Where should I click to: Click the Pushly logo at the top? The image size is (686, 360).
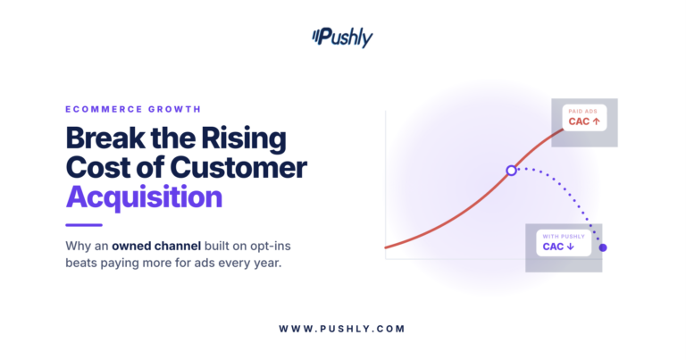(342, 38)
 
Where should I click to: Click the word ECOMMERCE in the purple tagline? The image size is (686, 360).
(105, 109)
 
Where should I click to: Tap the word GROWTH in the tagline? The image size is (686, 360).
(174, 109)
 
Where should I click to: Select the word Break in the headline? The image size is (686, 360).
(105, 138)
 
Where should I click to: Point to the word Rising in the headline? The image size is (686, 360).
(244, 139)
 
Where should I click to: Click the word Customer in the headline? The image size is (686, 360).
(238, 168)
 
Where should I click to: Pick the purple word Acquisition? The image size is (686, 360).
(144, 197)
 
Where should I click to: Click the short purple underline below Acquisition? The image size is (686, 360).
(84, 225)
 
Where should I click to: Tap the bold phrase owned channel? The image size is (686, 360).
(156, 246)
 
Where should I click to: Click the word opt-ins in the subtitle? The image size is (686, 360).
(271, 247)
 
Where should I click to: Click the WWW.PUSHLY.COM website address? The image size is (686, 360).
(342, 329)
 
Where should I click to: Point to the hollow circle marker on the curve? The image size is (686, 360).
(511, 171)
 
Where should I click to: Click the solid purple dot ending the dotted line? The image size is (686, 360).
(603, 247)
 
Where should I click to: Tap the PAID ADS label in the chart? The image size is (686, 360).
(582, 111)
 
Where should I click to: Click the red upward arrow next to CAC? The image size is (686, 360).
(596, 121)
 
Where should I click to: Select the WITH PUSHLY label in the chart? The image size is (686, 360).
(564, 236)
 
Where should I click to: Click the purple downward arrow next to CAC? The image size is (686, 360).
(570, 247)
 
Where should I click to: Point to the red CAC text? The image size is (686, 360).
(579, 121)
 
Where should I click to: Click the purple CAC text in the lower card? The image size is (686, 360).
(553, 247)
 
